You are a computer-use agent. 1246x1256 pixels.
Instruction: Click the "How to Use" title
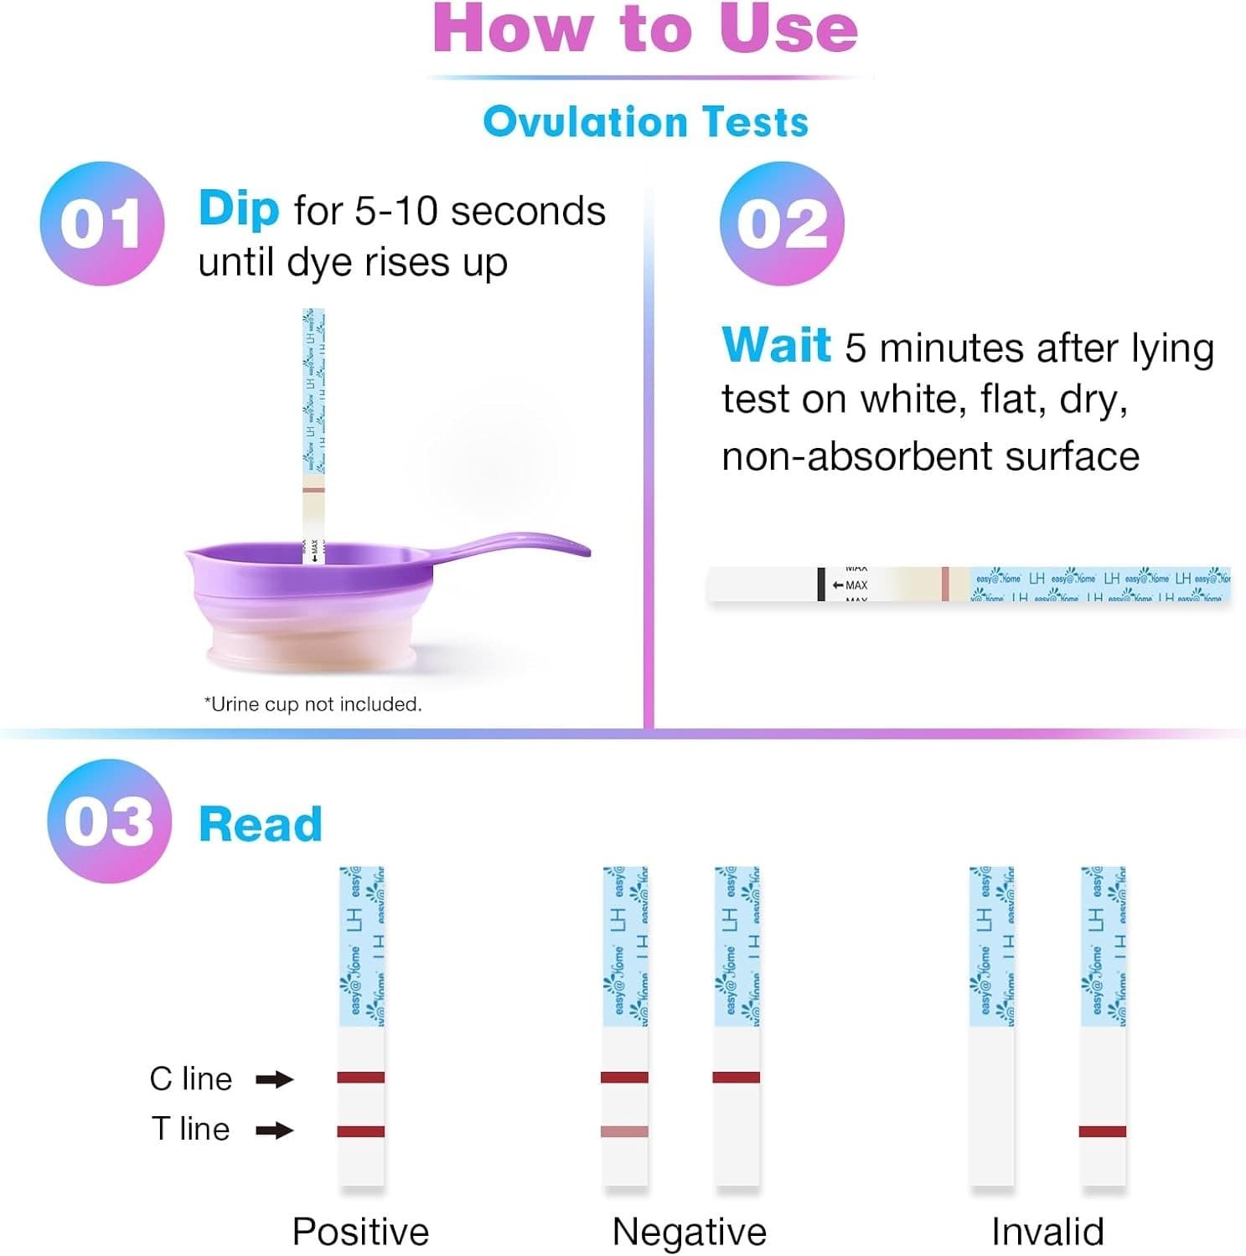point(644,29)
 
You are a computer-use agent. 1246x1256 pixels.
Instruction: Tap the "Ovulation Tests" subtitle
point(645,121)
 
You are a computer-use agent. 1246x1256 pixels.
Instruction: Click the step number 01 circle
point(101,224)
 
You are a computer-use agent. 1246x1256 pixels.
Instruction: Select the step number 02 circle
point(781,224)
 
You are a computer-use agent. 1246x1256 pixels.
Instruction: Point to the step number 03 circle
point(109,821)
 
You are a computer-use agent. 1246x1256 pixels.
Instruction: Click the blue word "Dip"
point(238,208)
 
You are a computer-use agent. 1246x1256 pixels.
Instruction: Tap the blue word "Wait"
point(776,345)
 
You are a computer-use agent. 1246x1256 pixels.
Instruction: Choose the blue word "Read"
point(261,825)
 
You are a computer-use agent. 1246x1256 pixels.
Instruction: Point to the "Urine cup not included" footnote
point(313,704)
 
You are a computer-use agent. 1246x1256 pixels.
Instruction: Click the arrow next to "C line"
point(274,1079)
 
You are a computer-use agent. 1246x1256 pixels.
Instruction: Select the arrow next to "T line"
point(274,1130)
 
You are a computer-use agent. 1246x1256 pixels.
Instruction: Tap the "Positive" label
point(360,1232)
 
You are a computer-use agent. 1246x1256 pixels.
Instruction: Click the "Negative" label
point(689,1232)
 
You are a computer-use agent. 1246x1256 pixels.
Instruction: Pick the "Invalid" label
point(1047,1232)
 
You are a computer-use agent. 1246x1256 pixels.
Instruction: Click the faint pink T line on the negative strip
point(624,1132)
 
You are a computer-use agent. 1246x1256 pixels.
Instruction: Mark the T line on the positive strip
point(361,1131)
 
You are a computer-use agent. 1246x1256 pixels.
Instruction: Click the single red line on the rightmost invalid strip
point(1102,1131)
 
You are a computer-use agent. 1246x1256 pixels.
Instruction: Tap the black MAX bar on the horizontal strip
point(821,584)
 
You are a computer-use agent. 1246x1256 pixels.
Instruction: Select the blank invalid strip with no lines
point(991,1105)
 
